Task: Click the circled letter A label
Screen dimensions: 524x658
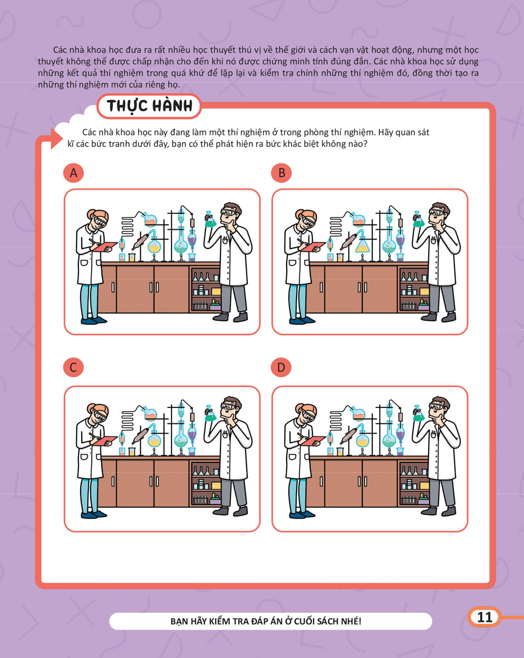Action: [x=73, y=173]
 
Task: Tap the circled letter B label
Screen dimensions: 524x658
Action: [x=281, y=173]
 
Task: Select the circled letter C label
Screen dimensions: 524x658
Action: [x=73, y=367]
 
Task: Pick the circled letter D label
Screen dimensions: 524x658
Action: [x=281, y=367]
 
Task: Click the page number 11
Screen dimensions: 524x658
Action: [x=485, y=617]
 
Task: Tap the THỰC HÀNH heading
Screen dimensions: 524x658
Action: [x=150, y=106]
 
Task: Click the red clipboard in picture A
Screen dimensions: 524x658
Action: [x=105, y=246]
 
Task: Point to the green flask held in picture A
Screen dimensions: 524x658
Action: [x=210, y=219]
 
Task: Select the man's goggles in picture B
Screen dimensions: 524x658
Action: [x=438, y=212]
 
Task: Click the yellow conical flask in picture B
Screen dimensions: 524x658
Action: [x=363, y=245]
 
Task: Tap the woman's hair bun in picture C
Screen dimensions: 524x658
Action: [x=91, y=409]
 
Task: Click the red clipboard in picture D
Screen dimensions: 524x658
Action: [x=313, y=440]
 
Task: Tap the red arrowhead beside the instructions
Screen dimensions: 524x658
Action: [x=56, y=139]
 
